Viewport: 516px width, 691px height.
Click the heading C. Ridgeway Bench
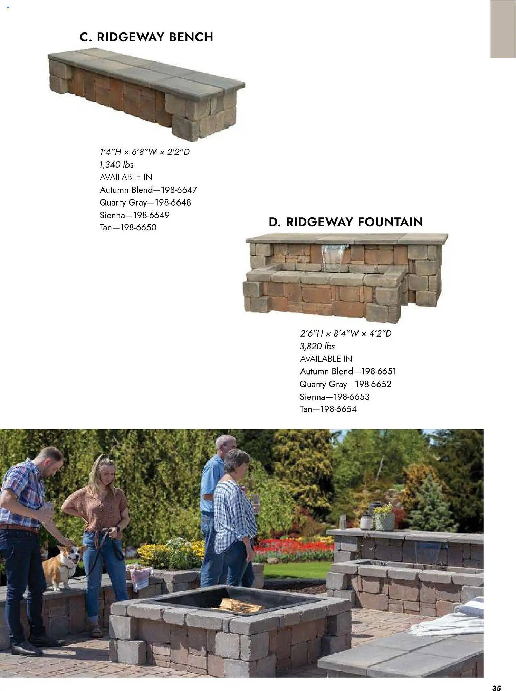click(146, 37)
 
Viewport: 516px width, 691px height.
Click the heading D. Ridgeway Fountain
click(346, 222)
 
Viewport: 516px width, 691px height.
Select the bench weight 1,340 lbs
click(116, 164)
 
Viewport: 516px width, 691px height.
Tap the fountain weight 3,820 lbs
click(317, 346)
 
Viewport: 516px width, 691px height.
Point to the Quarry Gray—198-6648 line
click(145, 202)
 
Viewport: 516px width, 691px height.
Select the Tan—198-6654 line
click(328, 409)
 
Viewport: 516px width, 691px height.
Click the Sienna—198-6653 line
click(334, 397)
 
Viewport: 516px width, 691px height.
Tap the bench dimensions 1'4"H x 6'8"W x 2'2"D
click(145, 152)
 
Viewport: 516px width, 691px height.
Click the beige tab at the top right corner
click(503, 29)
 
